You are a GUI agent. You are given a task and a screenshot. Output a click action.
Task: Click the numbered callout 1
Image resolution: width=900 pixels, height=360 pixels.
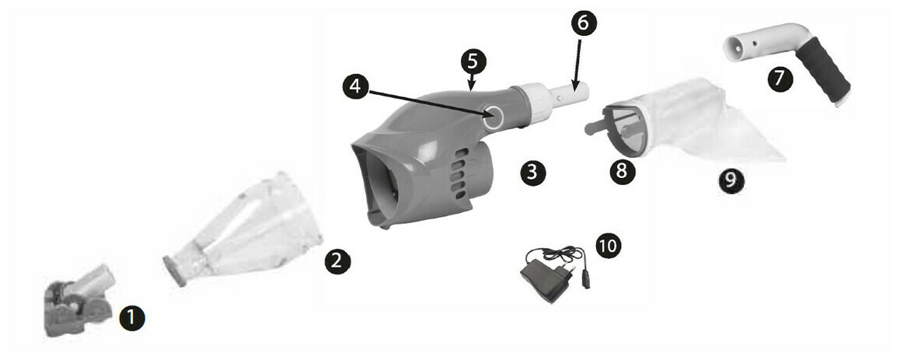point(131,316)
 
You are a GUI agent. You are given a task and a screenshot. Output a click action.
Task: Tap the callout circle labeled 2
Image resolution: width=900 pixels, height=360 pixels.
point(336,261)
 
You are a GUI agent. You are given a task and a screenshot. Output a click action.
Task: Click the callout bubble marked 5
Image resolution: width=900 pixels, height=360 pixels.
point(473,60)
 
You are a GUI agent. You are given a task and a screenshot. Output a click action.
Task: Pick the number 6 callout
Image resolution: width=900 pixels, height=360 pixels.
point(583,23)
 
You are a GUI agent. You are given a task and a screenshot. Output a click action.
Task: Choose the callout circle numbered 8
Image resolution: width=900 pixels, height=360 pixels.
point(620,171)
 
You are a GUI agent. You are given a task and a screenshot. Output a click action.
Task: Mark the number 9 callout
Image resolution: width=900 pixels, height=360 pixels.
point(732,180)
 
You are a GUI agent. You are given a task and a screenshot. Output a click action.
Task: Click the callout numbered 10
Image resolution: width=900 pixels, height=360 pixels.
point(608,246)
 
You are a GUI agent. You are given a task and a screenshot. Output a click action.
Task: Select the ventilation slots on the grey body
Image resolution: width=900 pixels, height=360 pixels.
point(458,170)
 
